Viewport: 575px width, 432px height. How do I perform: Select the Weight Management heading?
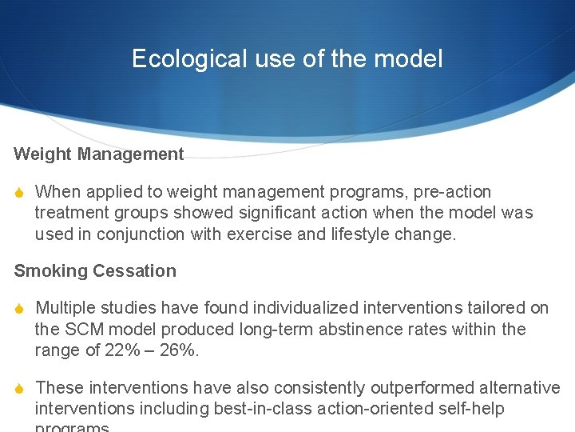(x=99, y=154)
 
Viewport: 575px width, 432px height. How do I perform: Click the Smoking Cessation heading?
(x=95, y=270)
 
